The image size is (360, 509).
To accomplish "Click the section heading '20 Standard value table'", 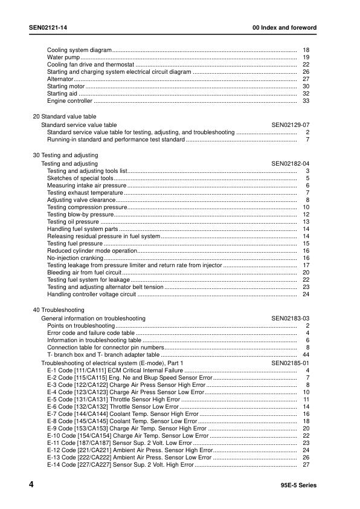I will coord(64,117).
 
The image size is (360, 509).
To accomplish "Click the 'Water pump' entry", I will coord(59,57).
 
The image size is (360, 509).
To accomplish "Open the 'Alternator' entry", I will coord(60,79).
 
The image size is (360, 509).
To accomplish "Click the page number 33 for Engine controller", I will coord(306,101).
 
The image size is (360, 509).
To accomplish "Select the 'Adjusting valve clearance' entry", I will coord(81,200).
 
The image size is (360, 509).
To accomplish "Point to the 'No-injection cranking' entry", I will coord(76,258).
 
